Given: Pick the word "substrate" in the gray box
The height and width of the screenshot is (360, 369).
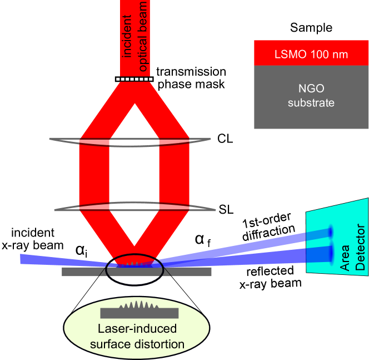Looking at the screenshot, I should click(311, 102).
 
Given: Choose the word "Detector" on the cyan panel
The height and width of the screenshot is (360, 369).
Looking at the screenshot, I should click(360, 247).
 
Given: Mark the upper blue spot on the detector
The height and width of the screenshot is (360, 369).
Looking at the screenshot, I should click(331, 231).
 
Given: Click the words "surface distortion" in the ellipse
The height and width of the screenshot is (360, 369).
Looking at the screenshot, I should click(137, 344).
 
